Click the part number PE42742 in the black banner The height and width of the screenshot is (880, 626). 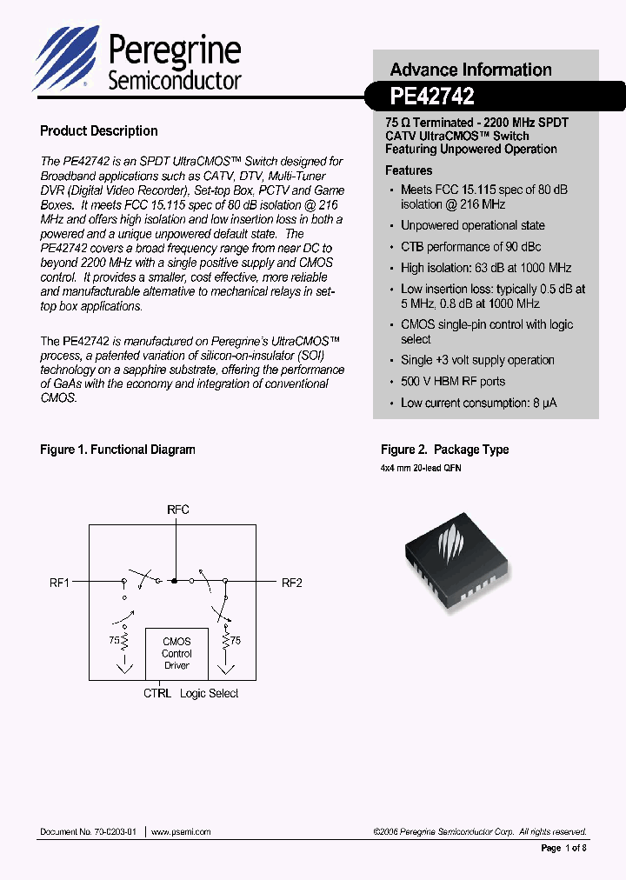coord(432,96)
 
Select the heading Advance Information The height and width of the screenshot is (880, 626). coord(470,70)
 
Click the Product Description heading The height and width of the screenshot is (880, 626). coord(99,131)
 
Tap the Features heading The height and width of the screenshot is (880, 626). coord(409,170)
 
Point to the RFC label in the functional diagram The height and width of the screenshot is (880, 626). coord(177,510)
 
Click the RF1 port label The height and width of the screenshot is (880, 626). coord(59,583)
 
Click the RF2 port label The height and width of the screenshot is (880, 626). coord(291,583)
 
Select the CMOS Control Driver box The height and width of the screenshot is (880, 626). coord(176,654)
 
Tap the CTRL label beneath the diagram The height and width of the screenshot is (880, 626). coord(157,694)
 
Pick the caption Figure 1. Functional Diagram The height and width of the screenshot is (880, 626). coord(117,450)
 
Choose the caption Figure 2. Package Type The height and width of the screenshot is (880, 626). coord(444,450)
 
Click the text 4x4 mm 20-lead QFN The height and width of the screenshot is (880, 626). coord(421,468)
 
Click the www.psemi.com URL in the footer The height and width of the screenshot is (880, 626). coord(181,832)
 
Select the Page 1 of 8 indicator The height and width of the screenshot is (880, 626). coord(564,848)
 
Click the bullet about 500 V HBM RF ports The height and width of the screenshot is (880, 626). coord(452,382)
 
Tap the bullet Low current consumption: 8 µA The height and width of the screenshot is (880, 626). coord(478,403)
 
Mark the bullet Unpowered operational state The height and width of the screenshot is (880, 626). coord(472,226)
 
